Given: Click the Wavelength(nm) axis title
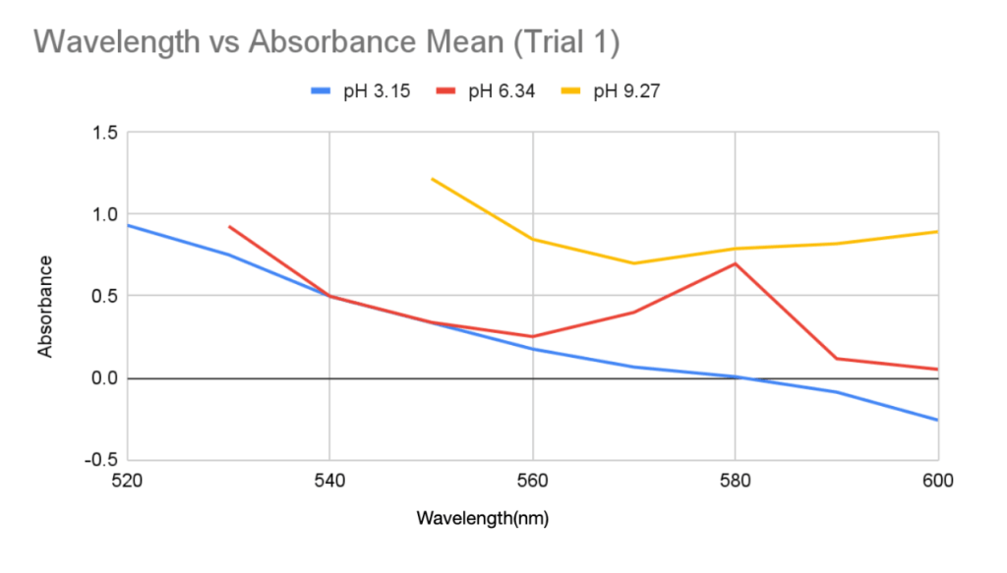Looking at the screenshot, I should coord(483,517).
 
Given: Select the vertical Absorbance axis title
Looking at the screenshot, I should coord(45,306).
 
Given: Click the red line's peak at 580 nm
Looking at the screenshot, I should coord(735,263).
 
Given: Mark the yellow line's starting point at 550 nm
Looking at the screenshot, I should coord(432,179).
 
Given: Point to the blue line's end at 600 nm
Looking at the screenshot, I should coord(937,420).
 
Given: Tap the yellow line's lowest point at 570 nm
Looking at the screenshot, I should coord(633,263).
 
